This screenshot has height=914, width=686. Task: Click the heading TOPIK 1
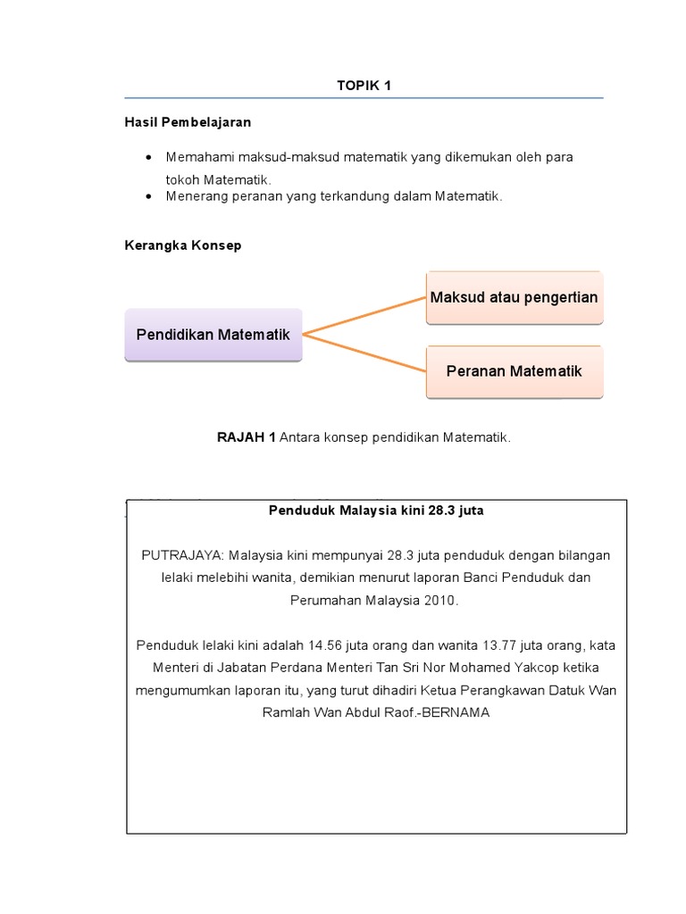click(364, 86)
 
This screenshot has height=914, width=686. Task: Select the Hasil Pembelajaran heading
click(187, 121)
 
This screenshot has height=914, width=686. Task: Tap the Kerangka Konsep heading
click(182, 245)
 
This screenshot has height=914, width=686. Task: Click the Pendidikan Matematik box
click(213, 335)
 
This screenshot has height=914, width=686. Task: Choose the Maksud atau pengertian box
click(514, 297)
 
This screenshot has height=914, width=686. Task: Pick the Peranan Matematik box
click(514, 370)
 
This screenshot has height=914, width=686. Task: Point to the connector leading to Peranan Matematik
click(364, 352)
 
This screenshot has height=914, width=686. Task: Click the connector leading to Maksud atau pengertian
click(364, 316)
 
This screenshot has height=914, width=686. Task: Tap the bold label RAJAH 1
click(247, 437)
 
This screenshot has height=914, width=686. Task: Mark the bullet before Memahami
click(147, 157)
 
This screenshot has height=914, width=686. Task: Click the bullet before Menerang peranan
click(147, 196)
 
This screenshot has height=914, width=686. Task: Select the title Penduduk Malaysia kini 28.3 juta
click(376, 511)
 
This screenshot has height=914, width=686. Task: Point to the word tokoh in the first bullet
click(183, 179)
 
